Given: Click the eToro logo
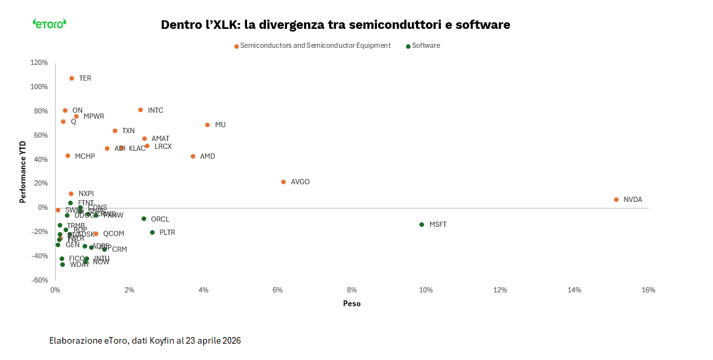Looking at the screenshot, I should (49, 24).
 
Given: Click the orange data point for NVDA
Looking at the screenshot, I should (616, 199).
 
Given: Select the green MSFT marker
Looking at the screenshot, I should (421, 224).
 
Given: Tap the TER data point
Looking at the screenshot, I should (71, 78).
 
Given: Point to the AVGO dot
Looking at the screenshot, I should (283, 182).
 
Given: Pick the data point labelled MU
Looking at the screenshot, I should (207, 125).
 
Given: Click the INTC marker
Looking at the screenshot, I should (140, 110).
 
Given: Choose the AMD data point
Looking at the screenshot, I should (193, 156).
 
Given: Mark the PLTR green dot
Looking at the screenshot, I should (152, 232).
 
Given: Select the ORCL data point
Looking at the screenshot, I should (144, 218).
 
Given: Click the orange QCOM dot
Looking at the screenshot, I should (96, 233).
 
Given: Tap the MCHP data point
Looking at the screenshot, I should (67, 155).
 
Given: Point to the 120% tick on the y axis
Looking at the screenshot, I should (39, 62).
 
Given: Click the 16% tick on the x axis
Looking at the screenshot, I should (648, 290).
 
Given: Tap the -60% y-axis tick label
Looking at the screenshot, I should (39, 280).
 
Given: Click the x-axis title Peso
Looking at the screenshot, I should (351, 304).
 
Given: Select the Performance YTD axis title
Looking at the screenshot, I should (22, 171).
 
